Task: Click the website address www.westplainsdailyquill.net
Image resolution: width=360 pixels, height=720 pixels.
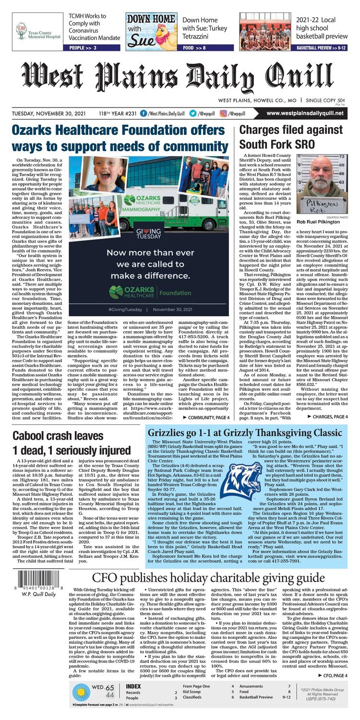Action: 305,113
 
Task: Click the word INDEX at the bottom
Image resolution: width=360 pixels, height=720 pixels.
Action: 133,686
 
